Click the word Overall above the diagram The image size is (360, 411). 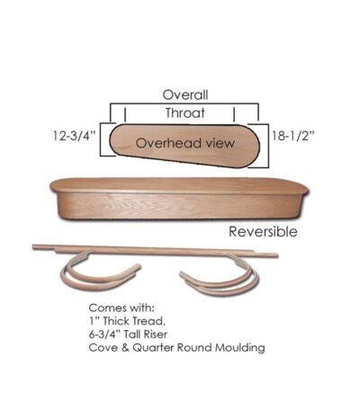185,94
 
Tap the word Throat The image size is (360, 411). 185,113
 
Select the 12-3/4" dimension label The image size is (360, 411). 74,136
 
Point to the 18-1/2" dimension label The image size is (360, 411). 292,136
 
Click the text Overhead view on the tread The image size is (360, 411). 185,143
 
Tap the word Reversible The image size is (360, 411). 263,232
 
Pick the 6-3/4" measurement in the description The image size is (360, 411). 103,335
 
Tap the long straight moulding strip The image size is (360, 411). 155,251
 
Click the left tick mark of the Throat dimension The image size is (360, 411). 125,114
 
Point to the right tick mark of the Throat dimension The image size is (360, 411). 234,114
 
